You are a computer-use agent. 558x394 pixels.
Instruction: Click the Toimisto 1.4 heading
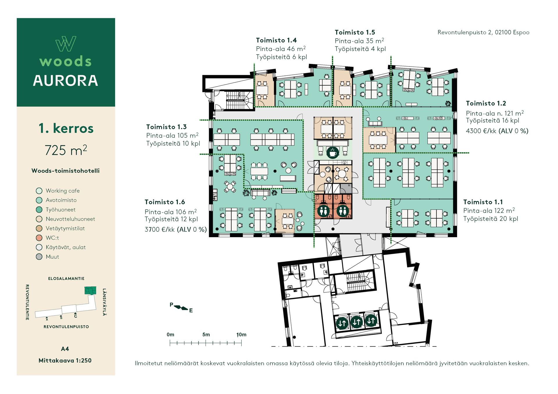[276, 40]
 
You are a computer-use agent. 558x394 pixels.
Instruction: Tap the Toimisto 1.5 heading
[355, 33]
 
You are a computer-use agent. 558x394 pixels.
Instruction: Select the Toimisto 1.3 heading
[166, 127]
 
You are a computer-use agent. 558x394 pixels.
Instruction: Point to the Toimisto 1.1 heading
[483, 202]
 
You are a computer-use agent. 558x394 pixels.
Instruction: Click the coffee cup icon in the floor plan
[332, 152]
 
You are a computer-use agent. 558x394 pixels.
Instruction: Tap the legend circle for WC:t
[39, 238]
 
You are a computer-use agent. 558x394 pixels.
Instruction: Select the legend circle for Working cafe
[39, 191]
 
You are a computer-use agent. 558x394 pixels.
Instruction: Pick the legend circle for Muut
[39, 257]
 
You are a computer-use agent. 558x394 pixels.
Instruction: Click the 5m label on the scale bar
[206, 335]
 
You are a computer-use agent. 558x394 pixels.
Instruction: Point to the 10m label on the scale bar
[241, 335]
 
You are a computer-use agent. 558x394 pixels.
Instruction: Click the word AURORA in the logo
[66, 81]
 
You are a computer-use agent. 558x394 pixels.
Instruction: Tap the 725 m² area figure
[66, 150]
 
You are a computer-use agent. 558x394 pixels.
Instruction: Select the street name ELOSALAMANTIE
[66, 279]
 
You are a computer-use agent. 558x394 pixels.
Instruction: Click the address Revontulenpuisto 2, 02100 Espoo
[483, 33]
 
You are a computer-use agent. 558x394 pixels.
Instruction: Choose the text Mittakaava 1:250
[65, 361]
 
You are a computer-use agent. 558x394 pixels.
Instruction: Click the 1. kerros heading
[66, 128]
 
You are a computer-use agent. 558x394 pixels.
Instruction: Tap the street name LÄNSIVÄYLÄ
[104, 302]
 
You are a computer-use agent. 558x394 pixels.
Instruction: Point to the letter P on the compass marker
[171, 305]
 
